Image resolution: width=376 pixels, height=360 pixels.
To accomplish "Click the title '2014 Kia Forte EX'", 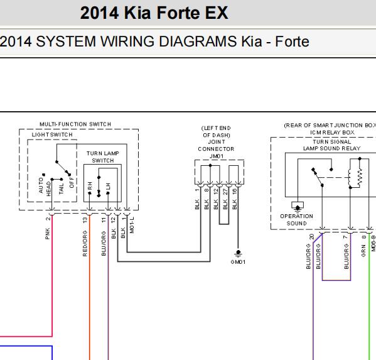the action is coord(154,13).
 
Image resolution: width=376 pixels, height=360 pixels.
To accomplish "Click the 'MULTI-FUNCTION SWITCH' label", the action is coord(75,124).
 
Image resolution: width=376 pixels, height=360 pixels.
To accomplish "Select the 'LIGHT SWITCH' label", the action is coord(52,134).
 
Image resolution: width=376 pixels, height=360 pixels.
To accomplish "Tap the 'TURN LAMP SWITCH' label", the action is coord(103,156).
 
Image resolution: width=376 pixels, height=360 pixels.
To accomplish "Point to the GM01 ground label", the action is coord(238,262).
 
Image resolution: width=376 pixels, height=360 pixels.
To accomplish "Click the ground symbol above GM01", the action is coord(238,253).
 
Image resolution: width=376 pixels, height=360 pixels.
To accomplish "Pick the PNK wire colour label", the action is coord(48,234).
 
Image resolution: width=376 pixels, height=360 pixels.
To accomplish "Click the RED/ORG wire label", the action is coord(85,243).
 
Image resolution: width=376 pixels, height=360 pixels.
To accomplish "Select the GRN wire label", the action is coord(363,251).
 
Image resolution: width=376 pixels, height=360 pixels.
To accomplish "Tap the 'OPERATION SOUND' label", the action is coord(297,220).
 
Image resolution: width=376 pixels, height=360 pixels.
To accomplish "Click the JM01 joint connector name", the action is coord(217,156).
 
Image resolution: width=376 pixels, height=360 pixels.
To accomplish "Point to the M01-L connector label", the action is coord(132,225).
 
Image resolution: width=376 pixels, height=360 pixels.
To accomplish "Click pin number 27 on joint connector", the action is coord(225,192).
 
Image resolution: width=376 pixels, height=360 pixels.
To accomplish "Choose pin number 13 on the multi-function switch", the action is coord(85,220).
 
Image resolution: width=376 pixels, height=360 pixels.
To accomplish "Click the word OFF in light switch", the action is coord(72,182).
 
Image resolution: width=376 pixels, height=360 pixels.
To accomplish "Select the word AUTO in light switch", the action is coord(41,185).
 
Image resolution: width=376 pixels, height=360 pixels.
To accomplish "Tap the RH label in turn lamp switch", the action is coord(90,185).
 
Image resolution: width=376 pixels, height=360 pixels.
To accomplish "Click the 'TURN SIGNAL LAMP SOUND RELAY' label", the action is coord(332,145).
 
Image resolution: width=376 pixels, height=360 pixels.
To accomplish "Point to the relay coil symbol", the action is coord(350,178).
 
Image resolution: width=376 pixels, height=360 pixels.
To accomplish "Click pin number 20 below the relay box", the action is coord(311,237).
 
